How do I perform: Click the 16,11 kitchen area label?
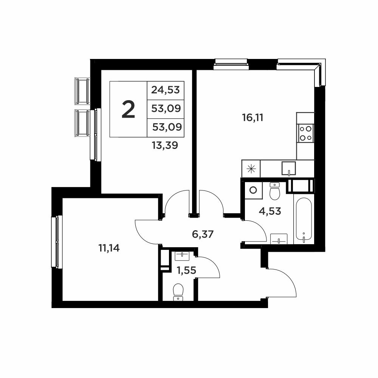(253, 118)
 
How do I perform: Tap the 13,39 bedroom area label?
(165, 146)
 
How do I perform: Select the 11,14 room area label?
(109, 248)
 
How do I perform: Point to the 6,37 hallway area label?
(203, 234)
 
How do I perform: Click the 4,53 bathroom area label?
(270, 211)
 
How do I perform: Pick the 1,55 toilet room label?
(187, 271)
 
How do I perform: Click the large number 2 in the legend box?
(128, 110)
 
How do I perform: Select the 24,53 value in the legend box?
(166, 90)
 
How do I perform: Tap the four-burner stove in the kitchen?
(305, 133)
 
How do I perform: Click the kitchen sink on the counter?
(289, 168)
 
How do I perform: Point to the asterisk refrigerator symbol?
(251, 169)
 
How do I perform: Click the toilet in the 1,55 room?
(178, 292)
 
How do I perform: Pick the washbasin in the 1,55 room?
(183, 256)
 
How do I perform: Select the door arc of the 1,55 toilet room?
(213, 263)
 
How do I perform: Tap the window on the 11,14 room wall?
(57, 242)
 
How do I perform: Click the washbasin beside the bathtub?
(279, 239)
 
